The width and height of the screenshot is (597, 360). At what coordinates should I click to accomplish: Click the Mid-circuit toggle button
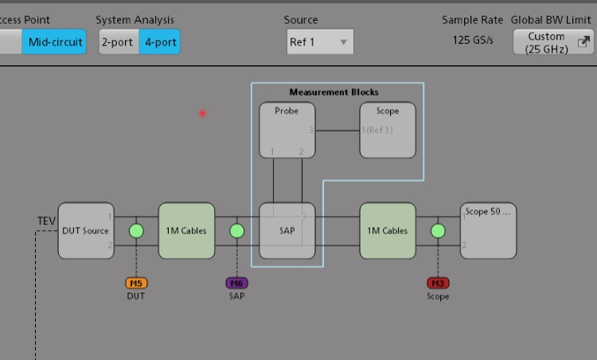(53, 42)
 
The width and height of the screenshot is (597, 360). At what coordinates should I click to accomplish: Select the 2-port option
(118, 42)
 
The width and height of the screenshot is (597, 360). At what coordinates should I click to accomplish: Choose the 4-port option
(159, 42)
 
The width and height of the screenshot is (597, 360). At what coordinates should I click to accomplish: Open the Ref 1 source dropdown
(320, 42)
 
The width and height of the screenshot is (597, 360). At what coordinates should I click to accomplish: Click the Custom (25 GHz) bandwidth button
(552, 42)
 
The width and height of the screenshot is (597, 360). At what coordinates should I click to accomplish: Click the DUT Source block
(85, 231)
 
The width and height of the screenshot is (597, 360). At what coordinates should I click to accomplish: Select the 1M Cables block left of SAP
(186, 231)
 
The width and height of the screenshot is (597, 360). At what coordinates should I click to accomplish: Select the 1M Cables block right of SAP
(388, 231)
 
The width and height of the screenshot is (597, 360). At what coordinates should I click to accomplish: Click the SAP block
(287, 231)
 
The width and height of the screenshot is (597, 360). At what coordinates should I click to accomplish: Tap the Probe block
(287, 130)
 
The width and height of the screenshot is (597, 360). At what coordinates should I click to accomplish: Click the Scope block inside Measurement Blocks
(388, 130)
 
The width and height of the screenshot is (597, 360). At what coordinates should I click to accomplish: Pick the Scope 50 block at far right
(488, 231)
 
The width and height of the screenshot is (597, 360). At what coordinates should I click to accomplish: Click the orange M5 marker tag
(136, 283)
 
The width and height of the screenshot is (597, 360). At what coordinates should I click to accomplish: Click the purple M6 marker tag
(236, 283)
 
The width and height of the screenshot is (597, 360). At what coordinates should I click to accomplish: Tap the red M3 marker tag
(438, 283)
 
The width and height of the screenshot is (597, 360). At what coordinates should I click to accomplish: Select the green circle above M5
(136, 231)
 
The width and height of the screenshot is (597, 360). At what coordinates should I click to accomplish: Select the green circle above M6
(236, 231)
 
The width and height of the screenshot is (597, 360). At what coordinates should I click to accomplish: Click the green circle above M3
(438, 231)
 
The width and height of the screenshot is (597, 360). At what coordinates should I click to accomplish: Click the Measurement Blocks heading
(334, 92)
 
